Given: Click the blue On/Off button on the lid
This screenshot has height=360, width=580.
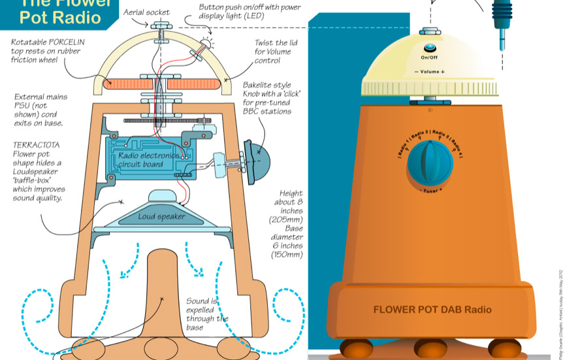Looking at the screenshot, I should [430, 48].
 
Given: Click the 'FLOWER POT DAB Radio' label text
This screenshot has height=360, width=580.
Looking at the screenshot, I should [432, 310].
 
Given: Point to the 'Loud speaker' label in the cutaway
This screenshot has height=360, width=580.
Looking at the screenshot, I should [161, 216].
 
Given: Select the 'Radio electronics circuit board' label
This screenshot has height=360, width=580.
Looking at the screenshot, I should [148, 159].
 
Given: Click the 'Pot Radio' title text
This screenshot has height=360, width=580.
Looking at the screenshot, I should [60, 17].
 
